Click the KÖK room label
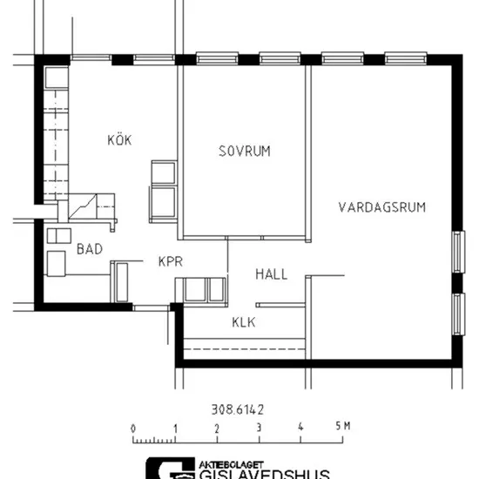tap(119, 139)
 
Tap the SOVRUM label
tap(245, 152)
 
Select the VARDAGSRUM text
tap(382, 207)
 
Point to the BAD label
tap(90, 249)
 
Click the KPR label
tap(171, 261)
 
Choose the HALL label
tap(272, 274)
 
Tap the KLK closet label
tap(244, 322)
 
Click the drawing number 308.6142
tap(238, 409)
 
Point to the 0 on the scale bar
tap(133, 428)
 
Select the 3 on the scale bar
tap(259, 428)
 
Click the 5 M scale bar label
tap(343, 426)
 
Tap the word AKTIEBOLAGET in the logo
tap(232, 465)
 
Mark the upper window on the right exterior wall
tap(458, 252)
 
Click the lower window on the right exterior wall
tap(458, 314)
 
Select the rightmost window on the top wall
tap(406, 58)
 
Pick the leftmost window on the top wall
tap(91, 57)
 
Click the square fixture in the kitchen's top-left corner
tap(57, 78)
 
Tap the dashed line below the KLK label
tap(245, 349)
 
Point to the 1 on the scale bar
tap(175, 428)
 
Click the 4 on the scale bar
tap(300, 427)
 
